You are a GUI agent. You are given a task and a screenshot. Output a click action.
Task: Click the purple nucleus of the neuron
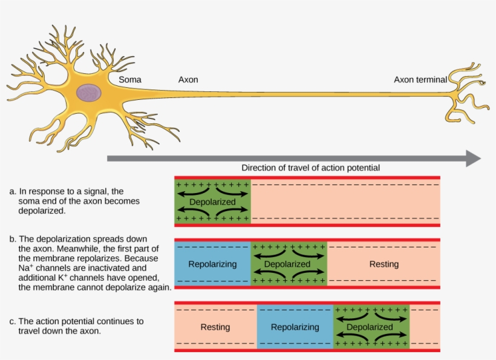click(89, 93)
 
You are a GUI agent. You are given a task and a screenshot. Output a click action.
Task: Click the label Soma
click(130, 79)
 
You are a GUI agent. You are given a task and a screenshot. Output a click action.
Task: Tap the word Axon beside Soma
click(188, 79)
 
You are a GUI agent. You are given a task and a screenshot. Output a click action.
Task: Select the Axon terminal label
click(420, 79)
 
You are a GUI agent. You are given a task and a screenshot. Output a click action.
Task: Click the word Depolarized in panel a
click(212, 201)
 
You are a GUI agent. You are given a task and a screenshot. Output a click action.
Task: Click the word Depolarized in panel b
click(287, 264)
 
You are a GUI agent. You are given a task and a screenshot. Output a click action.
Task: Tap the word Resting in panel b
click(384, 264)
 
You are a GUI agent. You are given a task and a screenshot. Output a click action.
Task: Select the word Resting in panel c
click(215, 327)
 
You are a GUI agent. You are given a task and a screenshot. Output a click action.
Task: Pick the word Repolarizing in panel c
click(295, 327)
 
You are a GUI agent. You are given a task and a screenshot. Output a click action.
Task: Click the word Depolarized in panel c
click(370, 327)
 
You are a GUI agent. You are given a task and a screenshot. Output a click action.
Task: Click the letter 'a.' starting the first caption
click(13, 192)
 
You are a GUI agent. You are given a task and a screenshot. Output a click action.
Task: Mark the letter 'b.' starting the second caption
click(13, 239)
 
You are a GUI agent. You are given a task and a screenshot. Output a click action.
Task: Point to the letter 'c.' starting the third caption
click(13, 321)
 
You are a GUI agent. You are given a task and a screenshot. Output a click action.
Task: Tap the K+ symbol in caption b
click(60, 278)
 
